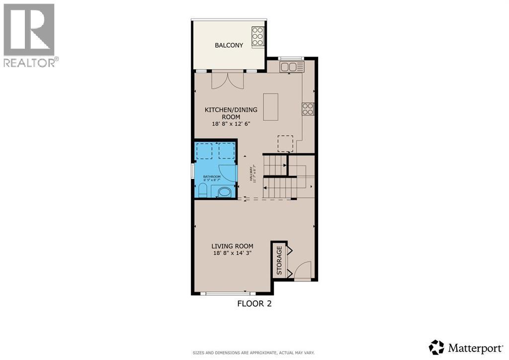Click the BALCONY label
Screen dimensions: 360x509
[x=229, y=45]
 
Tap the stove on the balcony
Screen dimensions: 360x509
[x=257, y=37]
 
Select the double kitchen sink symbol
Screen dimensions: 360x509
[x=292, y=67]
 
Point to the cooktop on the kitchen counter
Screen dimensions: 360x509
[x=308, y=109]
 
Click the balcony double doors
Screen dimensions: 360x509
[x=228, y=80]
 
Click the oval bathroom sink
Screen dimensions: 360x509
[x=225, y=192]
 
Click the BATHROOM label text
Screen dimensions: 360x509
[x=212, y=177]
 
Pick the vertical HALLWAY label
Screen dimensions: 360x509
[x=253, y=174]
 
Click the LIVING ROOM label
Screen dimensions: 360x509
[x=232, y=246]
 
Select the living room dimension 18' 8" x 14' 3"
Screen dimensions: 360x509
[x=232, y=253]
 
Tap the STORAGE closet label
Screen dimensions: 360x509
[x=279, y=260]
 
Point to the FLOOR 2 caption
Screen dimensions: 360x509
[x=254, y=303]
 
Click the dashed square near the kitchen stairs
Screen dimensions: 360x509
[x=285, y=144]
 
